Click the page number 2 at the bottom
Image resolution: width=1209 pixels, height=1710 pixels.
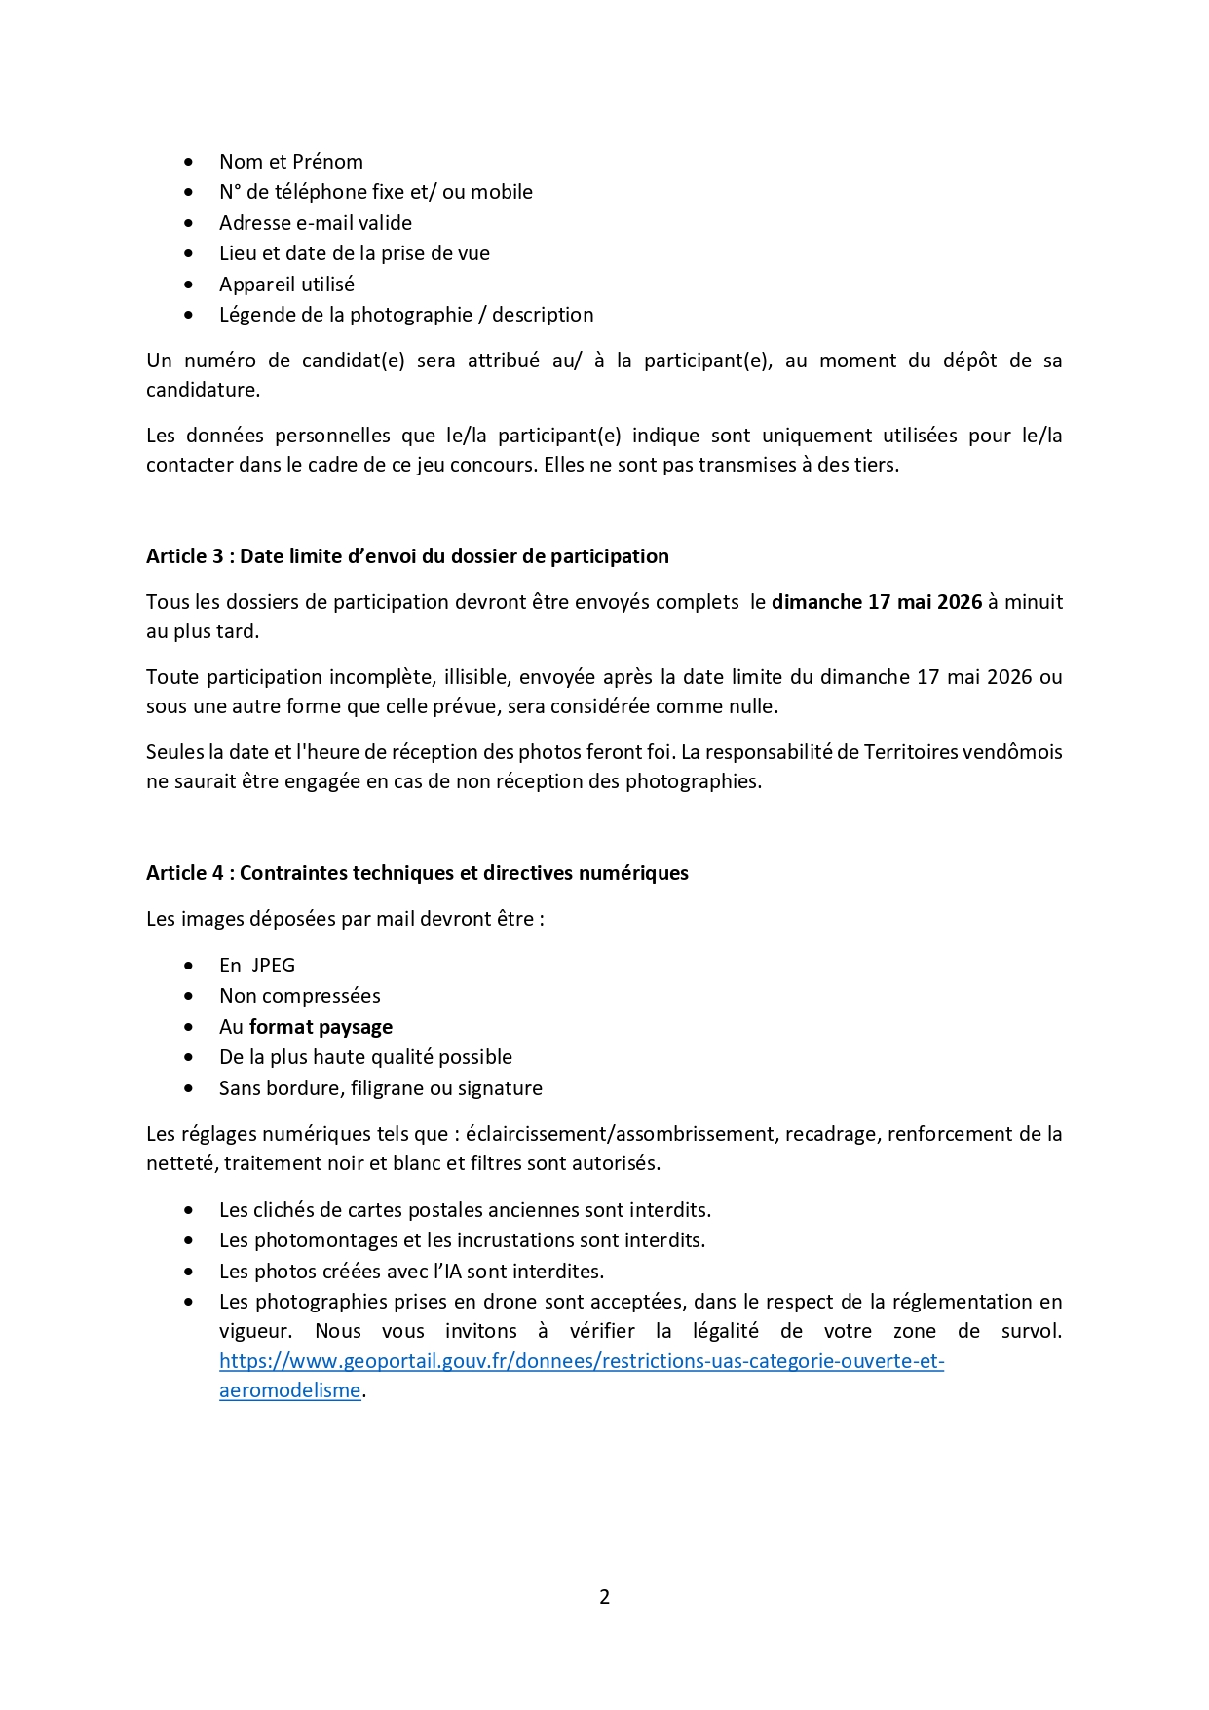point(604,1596)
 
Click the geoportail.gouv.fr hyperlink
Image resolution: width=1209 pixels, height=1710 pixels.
point(581,1361)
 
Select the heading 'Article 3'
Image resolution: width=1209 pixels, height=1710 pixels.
point(407,556)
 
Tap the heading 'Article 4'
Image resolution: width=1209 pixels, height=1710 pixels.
point(417,873)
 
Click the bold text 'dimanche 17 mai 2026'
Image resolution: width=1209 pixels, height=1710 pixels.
point(876,602)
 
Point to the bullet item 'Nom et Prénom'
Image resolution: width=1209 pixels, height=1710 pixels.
point(290,162)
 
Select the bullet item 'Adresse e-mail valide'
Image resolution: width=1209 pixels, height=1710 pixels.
point(315,223)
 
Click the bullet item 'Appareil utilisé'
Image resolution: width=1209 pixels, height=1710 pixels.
point(286,285)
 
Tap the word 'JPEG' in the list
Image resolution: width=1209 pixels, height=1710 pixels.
point(273,966)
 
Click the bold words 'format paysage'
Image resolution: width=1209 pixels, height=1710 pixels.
point(321,1027)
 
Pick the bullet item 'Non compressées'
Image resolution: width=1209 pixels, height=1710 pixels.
point(299,996)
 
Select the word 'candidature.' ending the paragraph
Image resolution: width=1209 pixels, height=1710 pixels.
point(203,390)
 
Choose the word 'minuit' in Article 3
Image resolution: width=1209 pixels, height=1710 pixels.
point(1034,602)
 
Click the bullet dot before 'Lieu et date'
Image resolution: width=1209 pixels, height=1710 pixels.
point(188,253)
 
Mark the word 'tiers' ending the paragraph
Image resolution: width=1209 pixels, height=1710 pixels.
point(875,465)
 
